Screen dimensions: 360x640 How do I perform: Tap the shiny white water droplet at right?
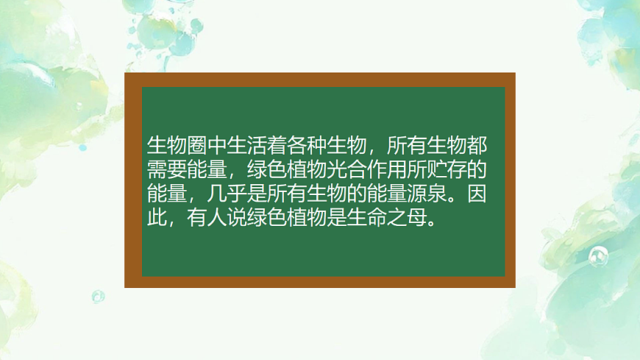(597, 256)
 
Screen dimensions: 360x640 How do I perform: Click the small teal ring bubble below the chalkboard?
(98, 297)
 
